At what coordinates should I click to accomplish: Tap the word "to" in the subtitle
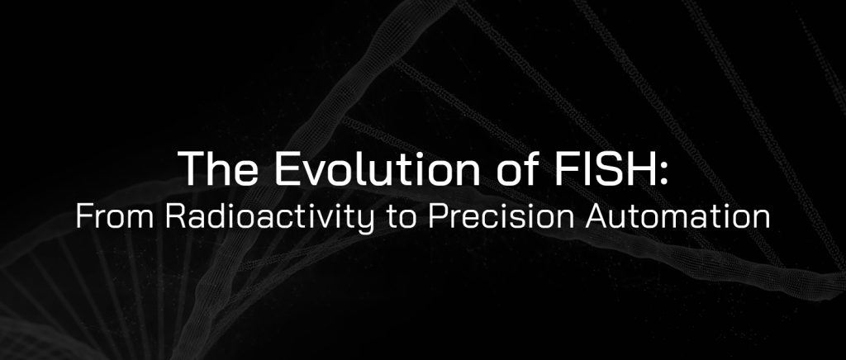(392, 218)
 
